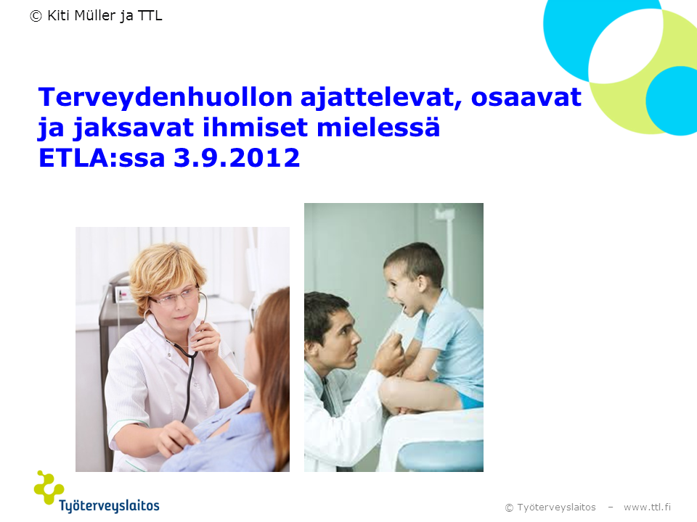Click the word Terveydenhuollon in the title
(166, 97)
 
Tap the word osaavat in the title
(526, 97)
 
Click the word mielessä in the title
(378, 127)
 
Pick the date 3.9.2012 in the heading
(237, 157)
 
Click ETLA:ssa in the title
(102, 157)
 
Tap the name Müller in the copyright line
(95, 15)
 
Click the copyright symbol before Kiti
(36, 16)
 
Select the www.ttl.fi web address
(647, 507)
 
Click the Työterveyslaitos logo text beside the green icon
(110, 505)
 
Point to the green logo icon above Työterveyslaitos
(49, 487)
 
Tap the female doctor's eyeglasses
(175, 297)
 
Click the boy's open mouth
(402, 307)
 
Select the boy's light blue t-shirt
(452, 341)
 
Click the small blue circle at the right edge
(672, 101)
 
